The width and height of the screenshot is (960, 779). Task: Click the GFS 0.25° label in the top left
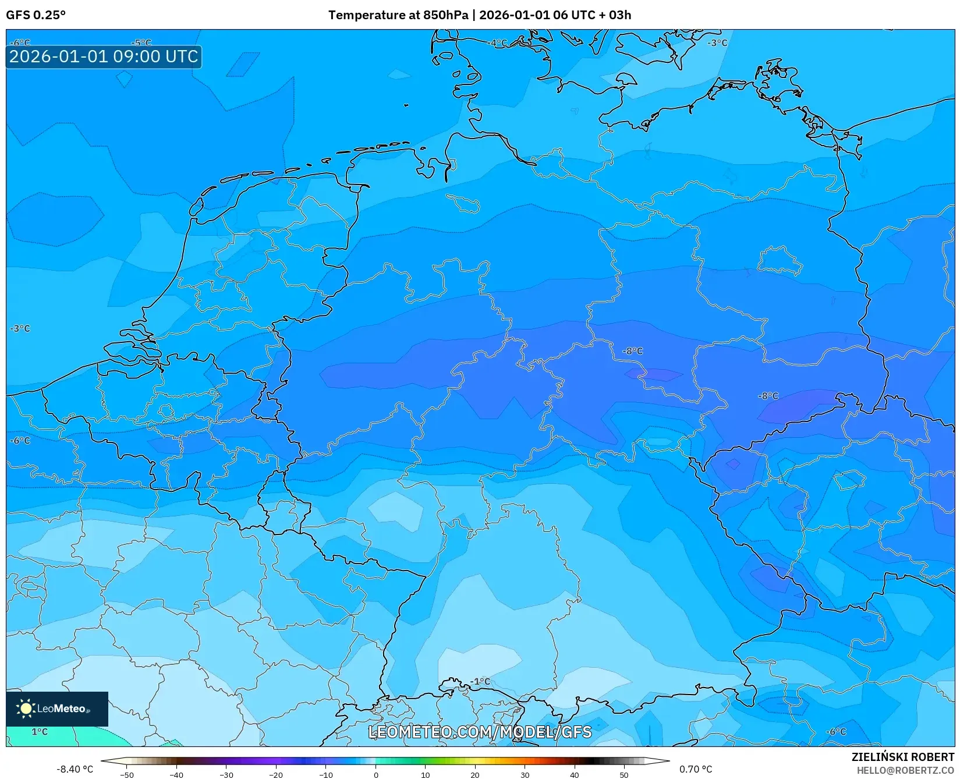point(36,15)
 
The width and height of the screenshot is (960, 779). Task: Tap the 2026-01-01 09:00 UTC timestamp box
point(104,56)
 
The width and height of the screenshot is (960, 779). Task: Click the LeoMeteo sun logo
point(26,709)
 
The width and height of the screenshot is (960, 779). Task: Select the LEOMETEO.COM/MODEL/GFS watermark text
point(480,732)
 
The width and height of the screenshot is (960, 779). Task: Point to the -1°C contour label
point(480,681)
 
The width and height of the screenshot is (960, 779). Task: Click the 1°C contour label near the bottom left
point(40,732)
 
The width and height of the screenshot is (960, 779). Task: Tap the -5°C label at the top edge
point(141,43)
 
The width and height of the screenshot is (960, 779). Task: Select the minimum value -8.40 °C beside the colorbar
point(75,769)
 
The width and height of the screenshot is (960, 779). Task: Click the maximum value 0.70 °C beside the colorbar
point(695,769)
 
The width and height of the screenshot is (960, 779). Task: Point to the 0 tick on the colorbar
point(376,774)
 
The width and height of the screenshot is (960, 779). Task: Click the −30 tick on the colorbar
point(226,774)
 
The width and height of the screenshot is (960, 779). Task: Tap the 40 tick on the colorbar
point(575,774)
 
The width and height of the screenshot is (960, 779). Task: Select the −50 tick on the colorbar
point(127,774)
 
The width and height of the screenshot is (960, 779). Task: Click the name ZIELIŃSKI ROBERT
point(903,757)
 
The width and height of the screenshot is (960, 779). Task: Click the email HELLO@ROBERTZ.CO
point(905,770)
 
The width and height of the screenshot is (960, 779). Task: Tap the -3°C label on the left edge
point(20,328)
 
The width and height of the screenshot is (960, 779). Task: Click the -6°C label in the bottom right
point(836,731)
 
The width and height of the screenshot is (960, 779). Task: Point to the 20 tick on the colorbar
point(475,774)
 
